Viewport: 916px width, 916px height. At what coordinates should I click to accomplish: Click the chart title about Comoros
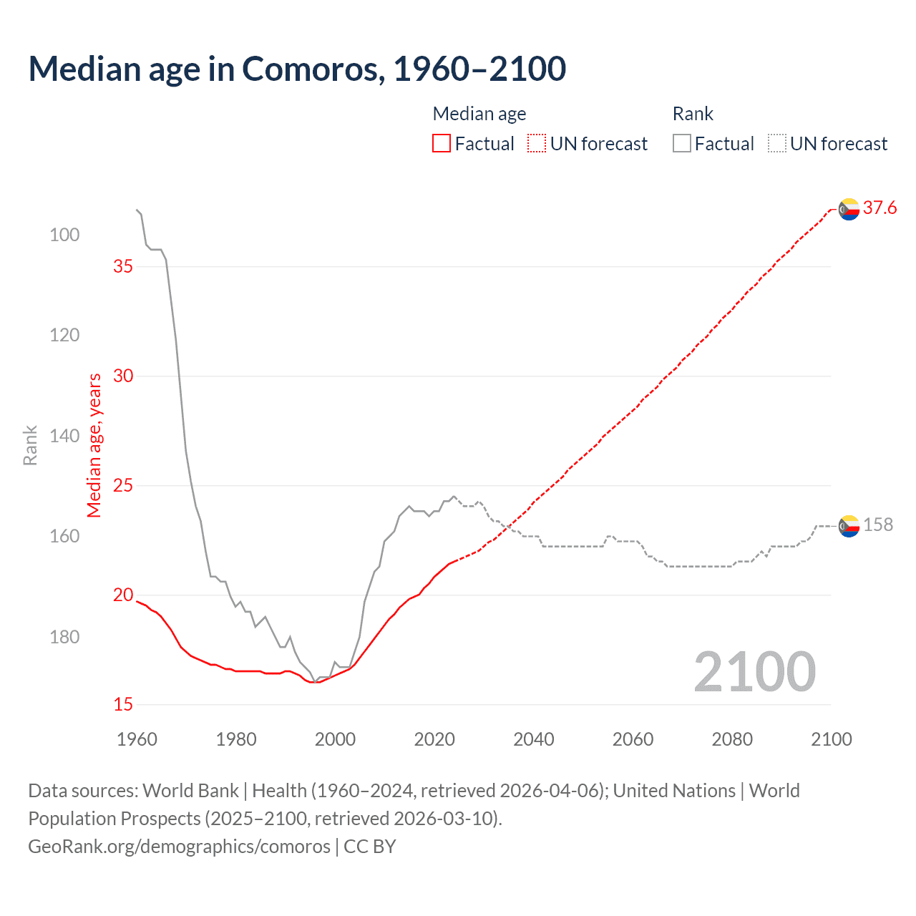tap(297, 69)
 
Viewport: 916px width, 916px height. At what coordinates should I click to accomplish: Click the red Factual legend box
tap(442, 144)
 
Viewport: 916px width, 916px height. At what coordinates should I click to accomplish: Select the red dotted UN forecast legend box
tap(537, 144)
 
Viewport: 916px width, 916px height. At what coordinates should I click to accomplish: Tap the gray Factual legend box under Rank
tap(682, 144)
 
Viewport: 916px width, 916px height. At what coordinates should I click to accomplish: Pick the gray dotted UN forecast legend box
tap(777, 144)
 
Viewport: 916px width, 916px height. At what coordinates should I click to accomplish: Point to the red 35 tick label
tap(123, 266)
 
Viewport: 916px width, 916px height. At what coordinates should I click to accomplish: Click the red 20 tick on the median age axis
tap(123, 595)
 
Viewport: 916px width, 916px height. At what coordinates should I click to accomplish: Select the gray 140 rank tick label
tap(64, 436)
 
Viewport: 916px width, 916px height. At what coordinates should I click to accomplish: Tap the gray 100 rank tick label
tap(64, 235)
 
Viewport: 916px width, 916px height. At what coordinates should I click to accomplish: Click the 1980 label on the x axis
tap(236, 739)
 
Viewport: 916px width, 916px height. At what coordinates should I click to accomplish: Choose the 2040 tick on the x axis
tap(534, 739)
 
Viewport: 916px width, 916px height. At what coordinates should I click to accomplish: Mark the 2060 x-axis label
tap(633, 739)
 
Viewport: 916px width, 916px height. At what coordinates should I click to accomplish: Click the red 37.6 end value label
tap(880, 208)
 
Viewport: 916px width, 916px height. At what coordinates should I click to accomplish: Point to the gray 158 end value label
tap(878, 525)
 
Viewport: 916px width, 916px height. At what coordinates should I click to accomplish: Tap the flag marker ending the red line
tap(849, 209)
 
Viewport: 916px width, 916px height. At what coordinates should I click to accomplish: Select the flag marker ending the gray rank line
tap(849, 526)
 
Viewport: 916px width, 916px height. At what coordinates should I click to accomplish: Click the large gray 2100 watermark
tap(755, 672)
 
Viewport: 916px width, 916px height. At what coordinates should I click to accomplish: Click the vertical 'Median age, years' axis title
tap(94, 445)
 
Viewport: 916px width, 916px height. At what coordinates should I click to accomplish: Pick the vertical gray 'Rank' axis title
tap(30, 445)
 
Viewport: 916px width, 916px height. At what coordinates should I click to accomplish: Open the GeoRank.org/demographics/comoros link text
tap(179, 847)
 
